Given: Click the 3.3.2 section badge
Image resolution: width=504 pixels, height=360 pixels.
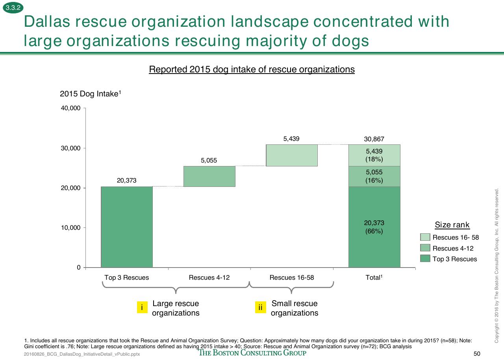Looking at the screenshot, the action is (13, 7).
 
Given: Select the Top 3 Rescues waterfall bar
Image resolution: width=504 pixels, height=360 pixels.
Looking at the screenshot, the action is (127, 227).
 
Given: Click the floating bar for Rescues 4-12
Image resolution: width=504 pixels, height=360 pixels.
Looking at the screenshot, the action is (209, 176).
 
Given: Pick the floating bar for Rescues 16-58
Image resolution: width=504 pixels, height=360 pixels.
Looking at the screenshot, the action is (292, 155).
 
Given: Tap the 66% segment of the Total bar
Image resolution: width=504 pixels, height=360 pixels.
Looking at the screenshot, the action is (374, 227).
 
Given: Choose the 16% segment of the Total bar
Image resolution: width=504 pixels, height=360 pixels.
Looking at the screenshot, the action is (374, 176).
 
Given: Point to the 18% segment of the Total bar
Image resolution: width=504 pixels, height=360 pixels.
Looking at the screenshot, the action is (374, 155).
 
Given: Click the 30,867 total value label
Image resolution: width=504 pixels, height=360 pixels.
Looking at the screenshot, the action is (374, 139).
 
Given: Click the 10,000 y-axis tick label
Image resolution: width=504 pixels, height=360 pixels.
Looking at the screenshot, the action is (70, 227).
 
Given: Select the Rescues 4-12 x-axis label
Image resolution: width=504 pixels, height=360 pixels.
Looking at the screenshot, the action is (209, 277).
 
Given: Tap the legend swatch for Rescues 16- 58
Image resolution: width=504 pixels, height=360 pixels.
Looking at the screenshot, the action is (425, 237).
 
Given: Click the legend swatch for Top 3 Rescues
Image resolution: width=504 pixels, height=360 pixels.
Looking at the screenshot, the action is (425, 258).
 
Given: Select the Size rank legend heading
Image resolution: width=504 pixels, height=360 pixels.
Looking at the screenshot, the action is (452, 225).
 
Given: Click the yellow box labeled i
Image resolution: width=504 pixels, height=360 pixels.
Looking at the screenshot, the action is (142, 307).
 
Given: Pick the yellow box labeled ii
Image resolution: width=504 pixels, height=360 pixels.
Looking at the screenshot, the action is (261, 307).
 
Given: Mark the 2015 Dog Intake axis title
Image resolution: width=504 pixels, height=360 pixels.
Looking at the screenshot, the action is (91, 94).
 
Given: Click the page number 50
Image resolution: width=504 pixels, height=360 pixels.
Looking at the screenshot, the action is (477, 354).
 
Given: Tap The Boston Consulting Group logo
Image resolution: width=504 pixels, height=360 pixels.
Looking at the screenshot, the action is (252, 353).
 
